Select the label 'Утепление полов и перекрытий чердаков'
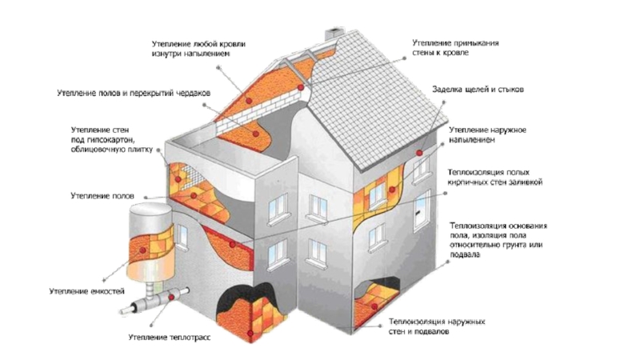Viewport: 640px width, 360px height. [x=134, y=94]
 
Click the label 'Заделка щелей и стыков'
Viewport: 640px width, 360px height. [x=478, y=90]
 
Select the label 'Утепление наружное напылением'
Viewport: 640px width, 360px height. [x=486, y=134]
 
